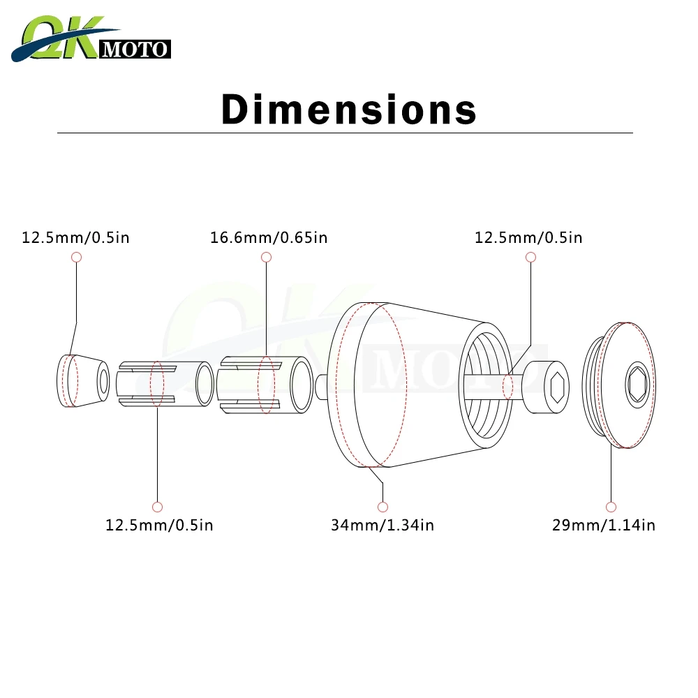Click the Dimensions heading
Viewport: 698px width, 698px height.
[349, 109]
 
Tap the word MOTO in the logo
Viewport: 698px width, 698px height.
[135, 49]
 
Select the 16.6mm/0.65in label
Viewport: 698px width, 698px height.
[269, 238]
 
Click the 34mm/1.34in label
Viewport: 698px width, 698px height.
[383, 526]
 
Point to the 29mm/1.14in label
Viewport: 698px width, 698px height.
[604, 526]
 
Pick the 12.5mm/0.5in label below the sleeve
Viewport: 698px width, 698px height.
[159, 526]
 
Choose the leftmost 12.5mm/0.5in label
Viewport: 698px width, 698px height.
[75, 238]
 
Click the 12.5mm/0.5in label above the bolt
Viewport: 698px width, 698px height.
[528, 238]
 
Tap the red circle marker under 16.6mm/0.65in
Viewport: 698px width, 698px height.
[266, 257]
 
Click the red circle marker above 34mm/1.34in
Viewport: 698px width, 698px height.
[383, 507]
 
